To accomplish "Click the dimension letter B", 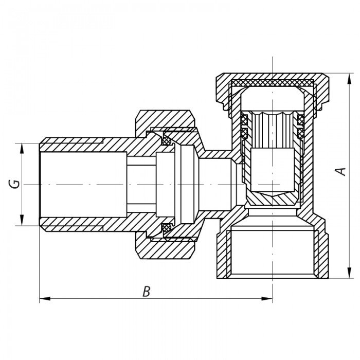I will coord(147,292).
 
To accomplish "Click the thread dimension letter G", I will coord(16,184).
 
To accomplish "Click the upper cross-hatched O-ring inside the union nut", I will coord(167,139).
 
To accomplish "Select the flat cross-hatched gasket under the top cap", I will coord(272,83).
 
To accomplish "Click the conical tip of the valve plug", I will coord(272,199).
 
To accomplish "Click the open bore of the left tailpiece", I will coord(82,184).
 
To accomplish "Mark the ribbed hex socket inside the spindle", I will coord(272,129).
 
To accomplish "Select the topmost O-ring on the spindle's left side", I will coord(245,120).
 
